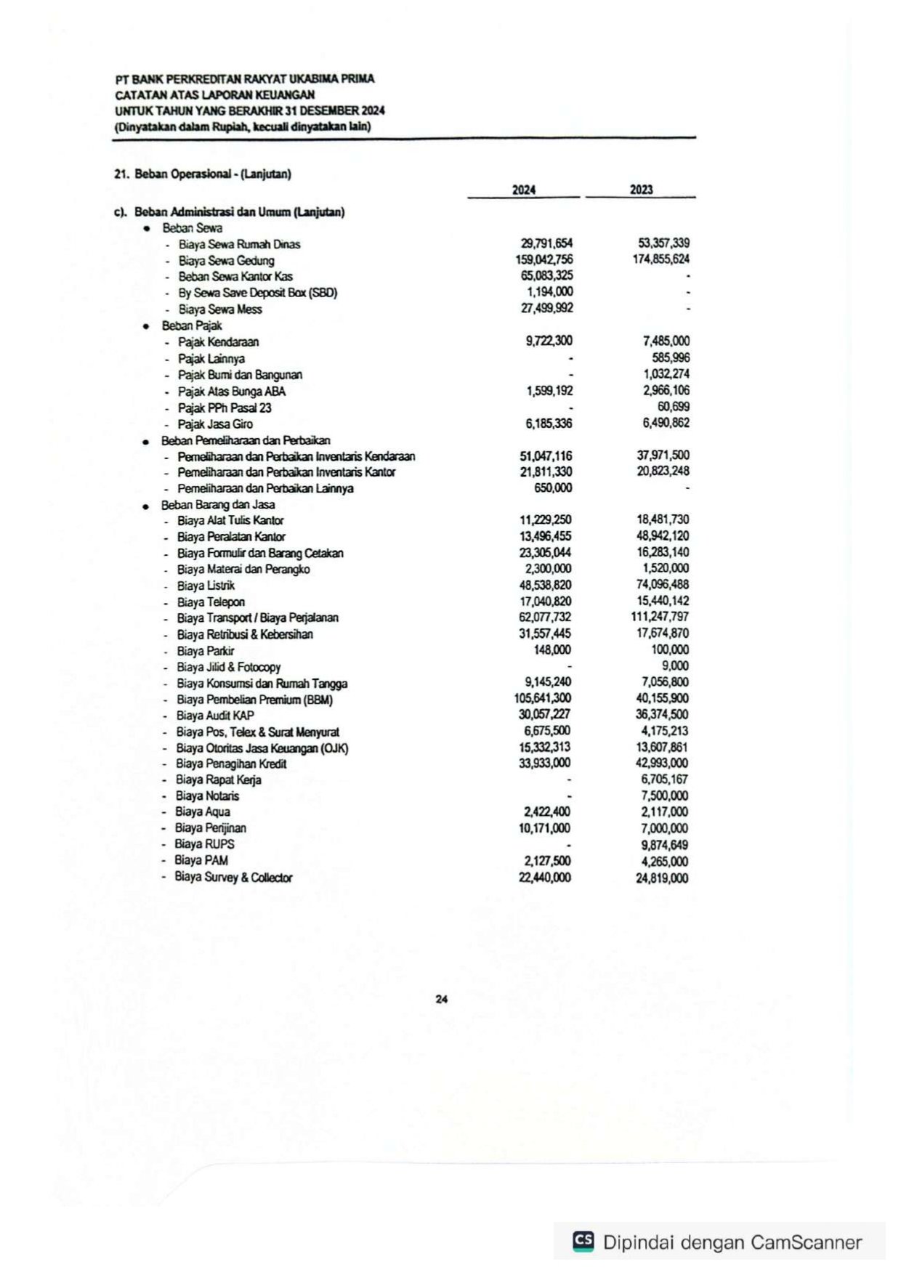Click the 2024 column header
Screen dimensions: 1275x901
pos(523,190)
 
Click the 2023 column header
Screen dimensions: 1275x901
pos(641,190)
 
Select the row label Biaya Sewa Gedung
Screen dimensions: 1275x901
pos(226,260)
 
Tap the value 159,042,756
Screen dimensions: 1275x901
pos(544,259)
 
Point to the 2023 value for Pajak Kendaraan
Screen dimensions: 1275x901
pos(666,341)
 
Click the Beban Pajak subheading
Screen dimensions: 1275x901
pos(192,325)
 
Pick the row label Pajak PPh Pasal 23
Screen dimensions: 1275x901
pos(225,408)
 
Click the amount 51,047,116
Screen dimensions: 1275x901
pos(546,456)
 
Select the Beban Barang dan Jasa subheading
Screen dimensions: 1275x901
pos(217,504)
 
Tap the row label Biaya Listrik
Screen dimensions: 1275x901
pos(206,586)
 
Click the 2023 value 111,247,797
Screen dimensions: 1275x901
pos(660,617)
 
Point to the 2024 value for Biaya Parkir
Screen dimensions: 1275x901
pos(552,649)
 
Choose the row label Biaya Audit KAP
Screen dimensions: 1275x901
pos(215,716)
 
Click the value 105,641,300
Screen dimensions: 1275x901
pos(542,698)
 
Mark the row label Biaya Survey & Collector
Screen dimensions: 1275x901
pos(233,877)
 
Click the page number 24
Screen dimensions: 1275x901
pos(441,999)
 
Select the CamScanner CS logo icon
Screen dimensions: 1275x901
pos(583,1242)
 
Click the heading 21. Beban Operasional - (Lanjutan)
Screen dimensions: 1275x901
pos(203,174)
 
